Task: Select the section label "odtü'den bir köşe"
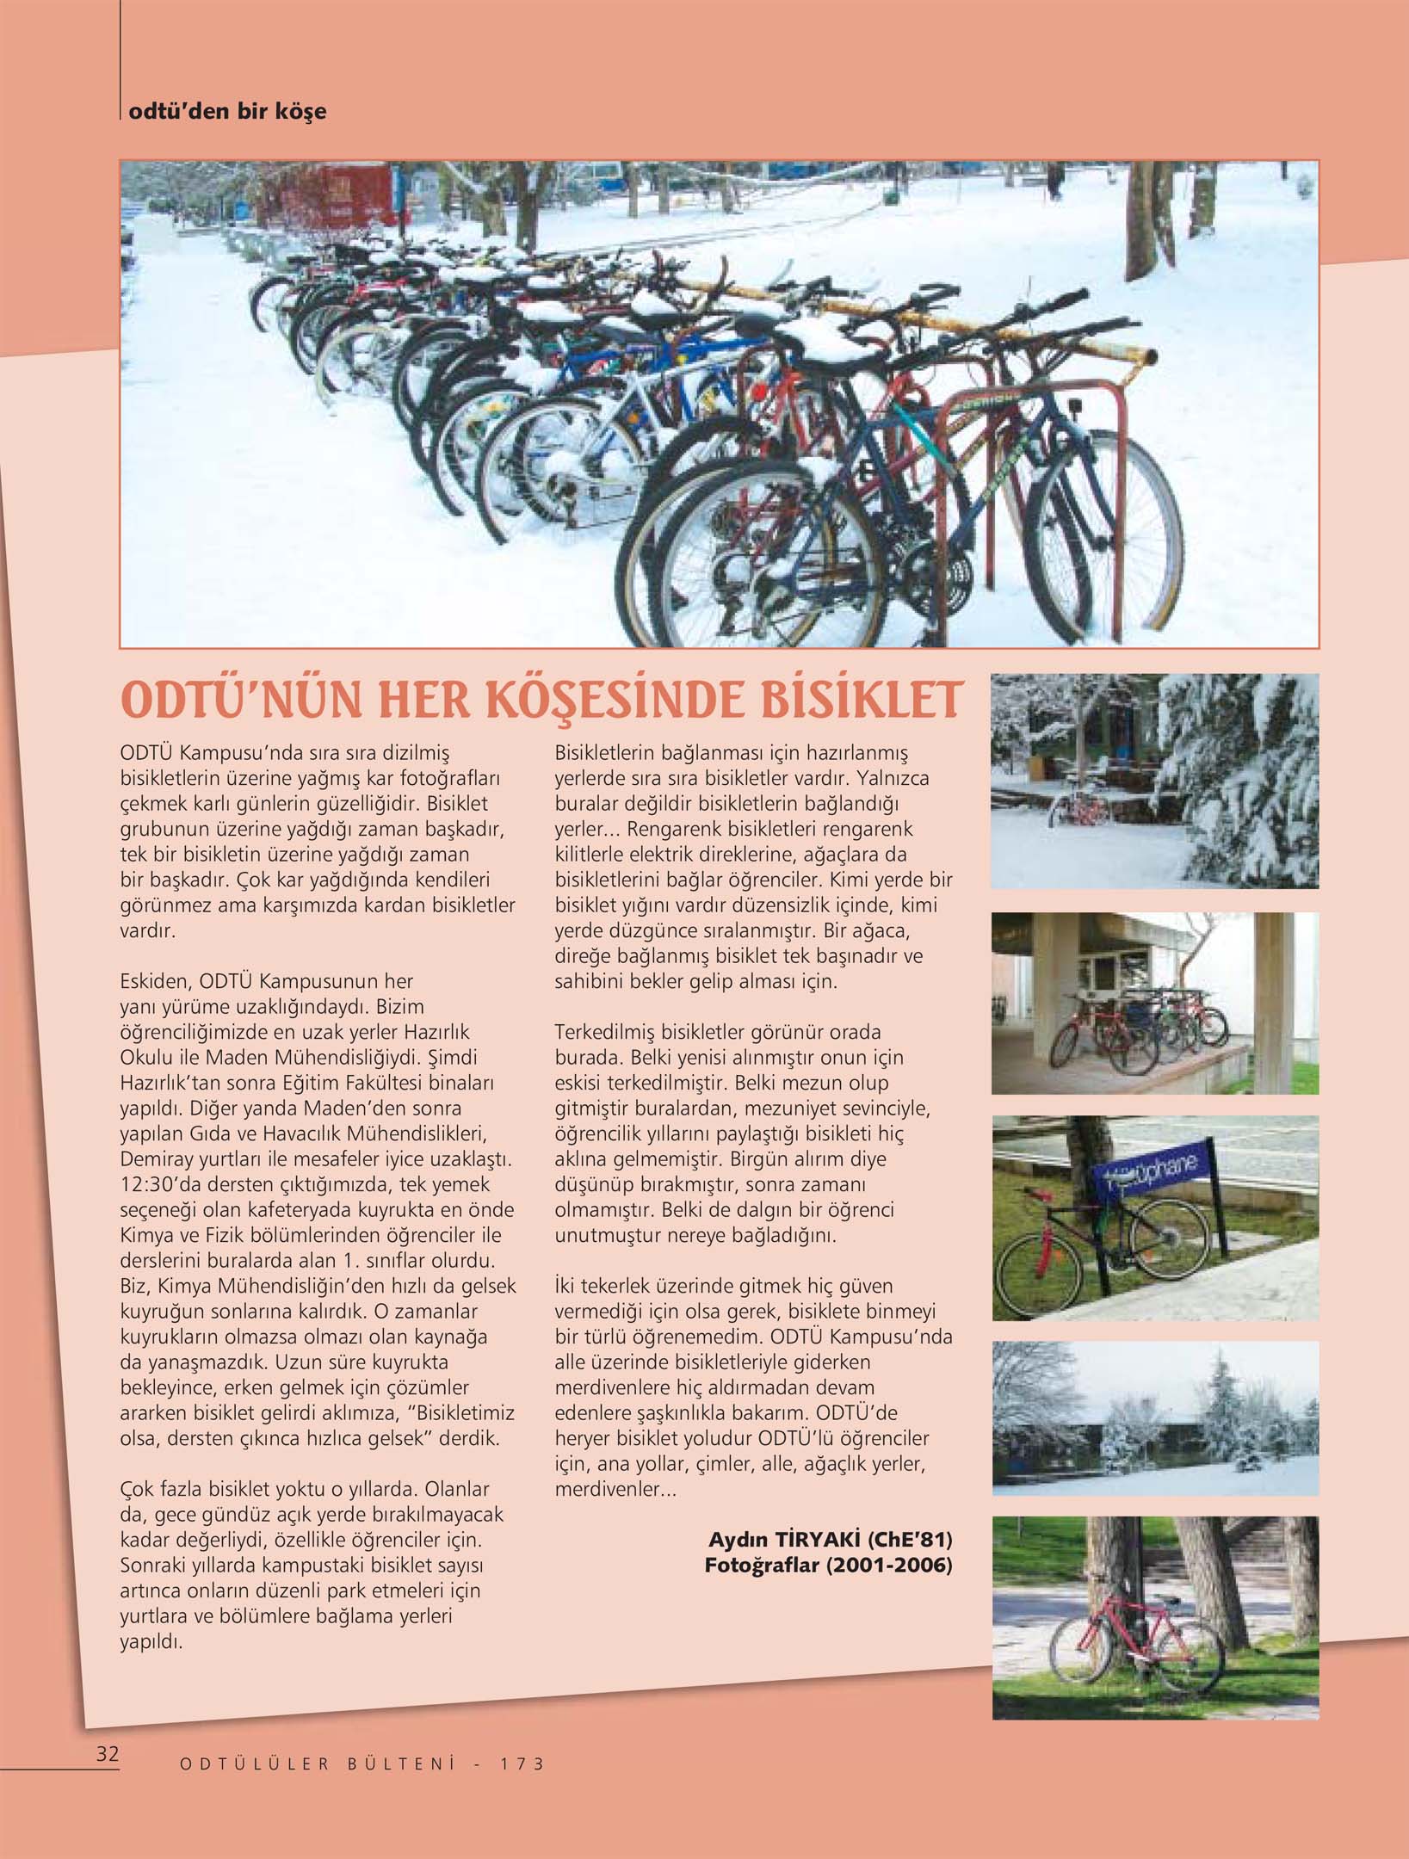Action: coord(227,111)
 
